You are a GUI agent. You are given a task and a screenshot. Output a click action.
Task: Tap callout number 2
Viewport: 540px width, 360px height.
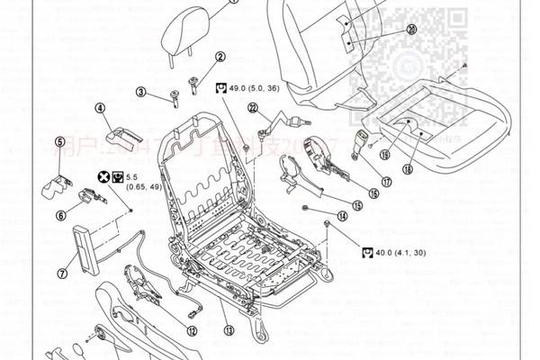tap(219, 58)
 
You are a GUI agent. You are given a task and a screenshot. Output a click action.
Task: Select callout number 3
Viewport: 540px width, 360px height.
tap(141, 91)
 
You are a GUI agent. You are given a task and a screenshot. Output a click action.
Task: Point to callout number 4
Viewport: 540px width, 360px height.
tap(100, 112)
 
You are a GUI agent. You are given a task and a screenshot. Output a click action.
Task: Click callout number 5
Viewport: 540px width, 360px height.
tap(59, 141)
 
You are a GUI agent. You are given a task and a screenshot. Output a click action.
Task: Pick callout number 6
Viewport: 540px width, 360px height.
tap(60, 214)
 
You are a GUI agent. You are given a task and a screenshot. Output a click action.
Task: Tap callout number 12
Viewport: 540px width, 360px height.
tap(192, 330)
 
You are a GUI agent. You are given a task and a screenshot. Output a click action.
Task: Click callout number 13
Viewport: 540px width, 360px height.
tap(229, 330)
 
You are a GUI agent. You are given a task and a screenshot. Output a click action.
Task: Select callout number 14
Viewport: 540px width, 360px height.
tap(341, 216)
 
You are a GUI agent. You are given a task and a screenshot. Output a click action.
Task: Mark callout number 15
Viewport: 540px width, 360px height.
tap(357, 205)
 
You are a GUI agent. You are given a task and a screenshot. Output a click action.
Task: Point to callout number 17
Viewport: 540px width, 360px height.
tap(386, 181)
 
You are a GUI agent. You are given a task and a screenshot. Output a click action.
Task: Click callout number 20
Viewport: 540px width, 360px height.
tap(411, 29)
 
